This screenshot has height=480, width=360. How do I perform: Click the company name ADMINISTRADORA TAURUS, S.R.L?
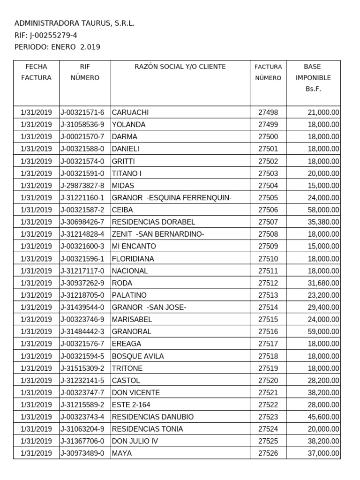[x=75, y=23]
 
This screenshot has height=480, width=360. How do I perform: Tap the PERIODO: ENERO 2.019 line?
[x=57, y=47]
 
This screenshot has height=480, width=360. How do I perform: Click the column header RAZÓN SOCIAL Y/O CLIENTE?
[x=180, y=67]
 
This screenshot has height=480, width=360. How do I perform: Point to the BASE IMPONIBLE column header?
[x=313, y=78]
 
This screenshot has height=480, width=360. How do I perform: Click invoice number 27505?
[x=268, y=198]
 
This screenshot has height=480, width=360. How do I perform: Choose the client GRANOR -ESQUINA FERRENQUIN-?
[x=172, y=198]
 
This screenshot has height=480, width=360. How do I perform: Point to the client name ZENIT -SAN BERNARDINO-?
[x=157, y=234]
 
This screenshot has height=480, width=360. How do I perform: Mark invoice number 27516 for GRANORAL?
[x=268, y=332]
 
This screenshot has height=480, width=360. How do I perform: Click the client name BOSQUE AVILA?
[x=138, y=356]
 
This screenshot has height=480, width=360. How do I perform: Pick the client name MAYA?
[x=122, y=454]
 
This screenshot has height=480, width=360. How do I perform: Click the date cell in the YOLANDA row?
[x=37, y=125]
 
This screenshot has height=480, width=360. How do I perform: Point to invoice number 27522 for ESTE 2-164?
[x=268, y=405]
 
